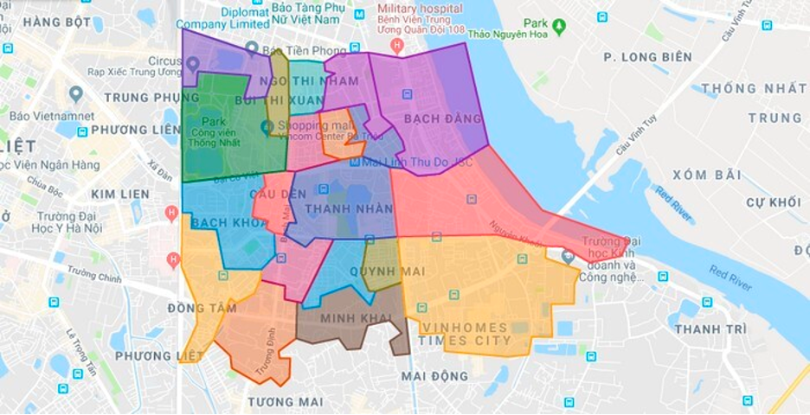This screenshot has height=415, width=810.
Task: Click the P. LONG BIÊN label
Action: [647, 57]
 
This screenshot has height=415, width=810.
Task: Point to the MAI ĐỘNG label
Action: [434, 376]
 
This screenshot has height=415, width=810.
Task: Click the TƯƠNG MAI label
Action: [285, 402]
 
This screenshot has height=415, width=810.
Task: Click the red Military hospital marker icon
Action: [397, 44]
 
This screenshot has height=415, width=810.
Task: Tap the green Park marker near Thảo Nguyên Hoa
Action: [558, 27]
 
